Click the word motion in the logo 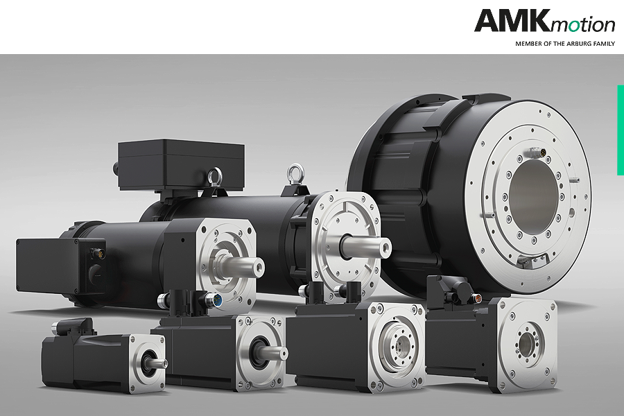582,24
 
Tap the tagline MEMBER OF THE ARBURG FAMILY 565,44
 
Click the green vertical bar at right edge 621,130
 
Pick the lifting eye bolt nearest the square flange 295,174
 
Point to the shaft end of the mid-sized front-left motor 257,266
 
